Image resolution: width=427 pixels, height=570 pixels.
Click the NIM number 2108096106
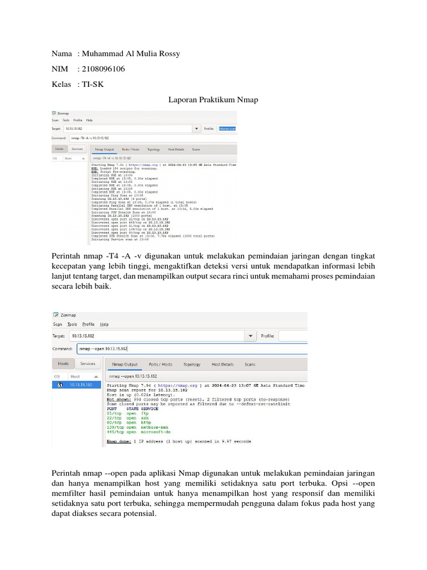pyautogui.click(x=103, y=69)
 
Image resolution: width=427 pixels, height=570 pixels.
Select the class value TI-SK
pyautogui.click(x=93, y=84)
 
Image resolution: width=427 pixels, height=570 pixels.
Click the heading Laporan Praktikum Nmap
pyautogui.click(x=213, y=100)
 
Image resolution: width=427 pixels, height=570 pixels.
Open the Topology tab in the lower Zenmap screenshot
pyautogui.click(x=192, y=365)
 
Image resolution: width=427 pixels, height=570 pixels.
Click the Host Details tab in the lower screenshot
pyautogui.click(x=222, y=365)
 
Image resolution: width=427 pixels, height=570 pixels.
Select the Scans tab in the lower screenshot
pyautogui.click(x=250, y=365)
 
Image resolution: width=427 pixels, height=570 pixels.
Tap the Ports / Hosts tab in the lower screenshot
pyautogui.click(x=160, y=365)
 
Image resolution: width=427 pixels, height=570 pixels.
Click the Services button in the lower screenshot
pyautogui.click(x=87, y=363)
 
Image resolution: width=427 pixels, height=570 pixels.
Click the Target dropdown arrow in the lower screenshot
pyautogui.click(x=251, y=336)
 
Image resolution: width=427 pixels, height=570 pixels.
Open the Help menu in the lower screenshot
pyautogui.click(x=104, y=324)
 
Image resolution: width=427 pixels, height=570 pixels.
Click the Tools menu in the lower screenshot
pyautogui.click(x=72, y=324)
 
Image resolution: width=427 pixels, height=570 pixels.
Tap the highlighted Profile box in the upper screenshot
pyautogui.click(x=227, y=129)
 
